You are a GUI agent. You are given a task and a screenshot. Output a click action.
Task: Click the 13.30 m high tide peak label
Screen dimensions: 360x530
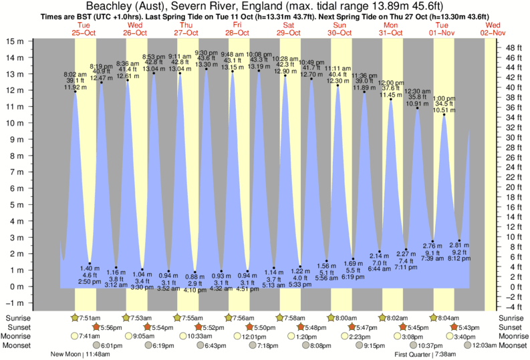point(206,65)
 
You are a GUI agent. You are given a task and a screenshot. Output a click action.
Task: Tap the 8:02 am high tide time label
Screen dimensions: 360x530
point(75,74)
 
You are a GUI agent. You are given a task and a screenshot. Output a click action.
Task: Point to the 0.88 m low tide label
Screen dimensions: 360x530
point(194,275)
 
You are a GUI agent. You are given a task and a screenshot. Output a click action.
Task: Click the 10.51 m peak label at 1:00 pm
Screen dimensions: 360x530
point(444,111)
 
